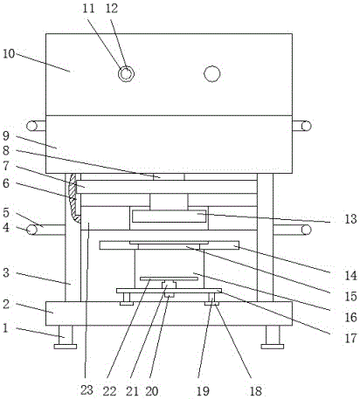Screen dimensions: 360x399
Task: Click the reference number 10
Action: pos(9,54)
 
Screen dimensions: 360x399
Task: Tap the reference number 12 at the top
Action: pos(112,9)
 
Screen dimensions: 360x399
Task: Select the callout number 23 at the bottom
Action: pos(87,390)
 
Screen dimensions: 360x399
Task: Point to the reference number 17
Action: pos(350,338)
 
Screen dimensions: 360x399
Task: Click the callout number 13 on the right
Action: pos(350,219)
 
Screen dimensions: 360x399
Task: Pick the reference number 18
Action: pos(255,391)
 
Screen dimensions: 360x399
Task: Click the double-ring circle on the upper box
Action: pos(126,74)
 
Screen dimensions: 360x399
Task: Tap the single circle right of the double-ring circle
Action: pos(212,74)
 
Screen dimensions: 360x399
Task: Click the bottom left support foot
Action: pos(66,337)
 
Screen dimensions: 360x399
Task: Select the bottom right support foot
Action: pos(273,337)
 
